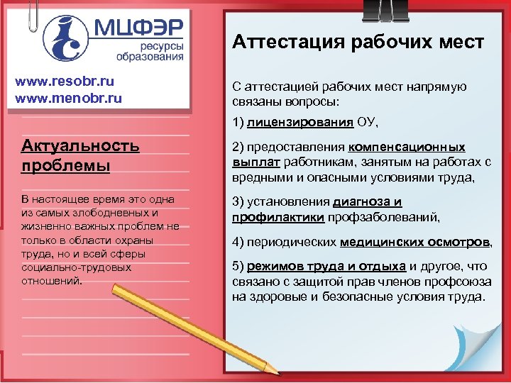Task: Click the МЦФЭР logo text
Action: coord(138,28)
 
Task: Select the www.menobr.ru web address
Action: coord(69,97)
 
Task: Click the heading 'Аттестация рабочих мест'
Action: coord(358,43)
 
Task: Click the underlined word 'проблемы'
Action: coord(66,166)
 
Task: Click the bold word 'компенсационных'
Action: coord(406,148)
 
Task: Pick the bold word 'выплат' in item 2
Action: coord(253,162)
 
